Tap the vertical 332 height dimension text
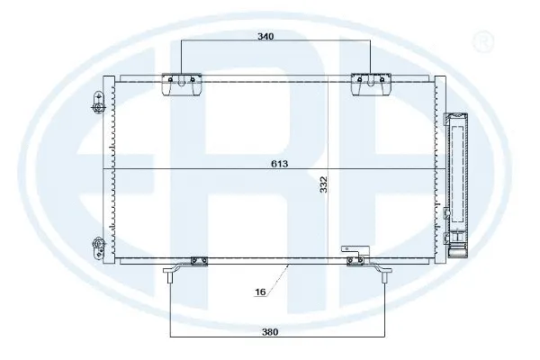pos(323,185)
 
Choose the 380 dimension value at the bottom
pos(271,331)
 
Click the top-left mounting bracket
pos(180,84)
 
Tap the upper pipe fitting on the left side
pos(97,104)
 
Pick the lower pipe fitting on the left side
pos(97,245)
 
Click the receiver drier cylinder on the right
pos(459,175)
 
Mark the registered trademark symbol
pos(483,40)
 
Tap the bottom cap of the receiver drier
pos(459,243)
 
